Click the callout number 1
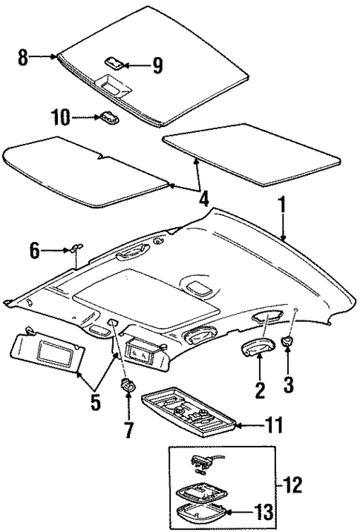coord(281,203)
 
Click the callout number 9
coord(157,66)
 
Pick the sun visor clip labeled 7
coord(127,386)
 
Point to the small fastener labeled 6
coord(79,249)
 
